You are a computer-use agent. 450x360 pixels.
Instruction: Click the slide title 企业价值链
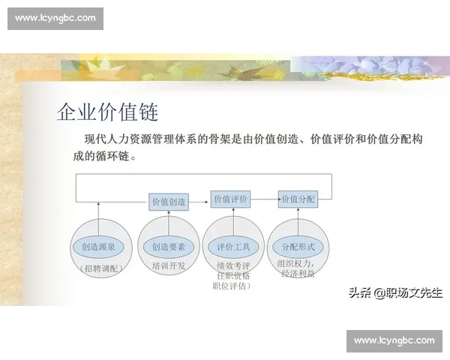point(107,112)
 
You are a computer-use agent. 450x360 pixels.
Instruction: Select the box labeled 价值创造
point(169,201)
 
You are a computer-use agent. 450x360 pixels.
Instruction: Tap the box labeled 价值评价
point(230,199)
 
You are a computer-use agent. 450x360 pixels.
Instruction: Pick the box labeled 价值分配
point(298,199)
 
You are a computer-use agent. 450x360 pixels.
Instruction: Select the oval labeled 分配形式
point(298,247)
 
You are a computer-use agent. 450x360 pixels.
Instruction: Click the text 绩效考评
point(232,265)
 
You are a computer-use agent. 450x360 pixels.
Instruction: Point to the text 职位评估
point(232,286)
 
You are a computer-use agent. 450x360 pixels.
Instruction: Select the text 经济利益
point(298,274)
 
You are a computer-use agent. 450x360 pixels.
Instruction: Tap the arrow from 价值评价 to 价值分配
point(264,199)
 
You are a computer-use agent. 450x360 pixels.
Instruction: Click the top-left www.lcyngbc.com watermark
point(55,18)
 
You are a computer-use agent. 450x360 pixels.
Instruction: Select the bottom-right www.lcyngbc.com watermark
point(393,340)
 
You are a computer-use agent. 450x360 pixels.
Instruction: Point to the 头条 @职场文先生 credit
point(394,292)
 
